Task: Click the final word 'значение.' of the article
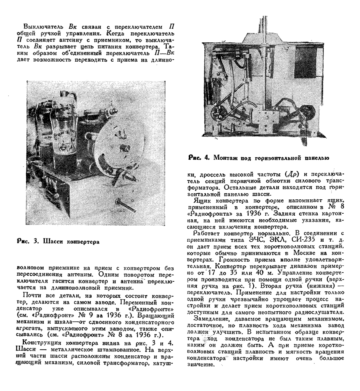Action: click(202, 365)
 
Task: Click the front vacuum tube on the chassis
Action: click(59, 132)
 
